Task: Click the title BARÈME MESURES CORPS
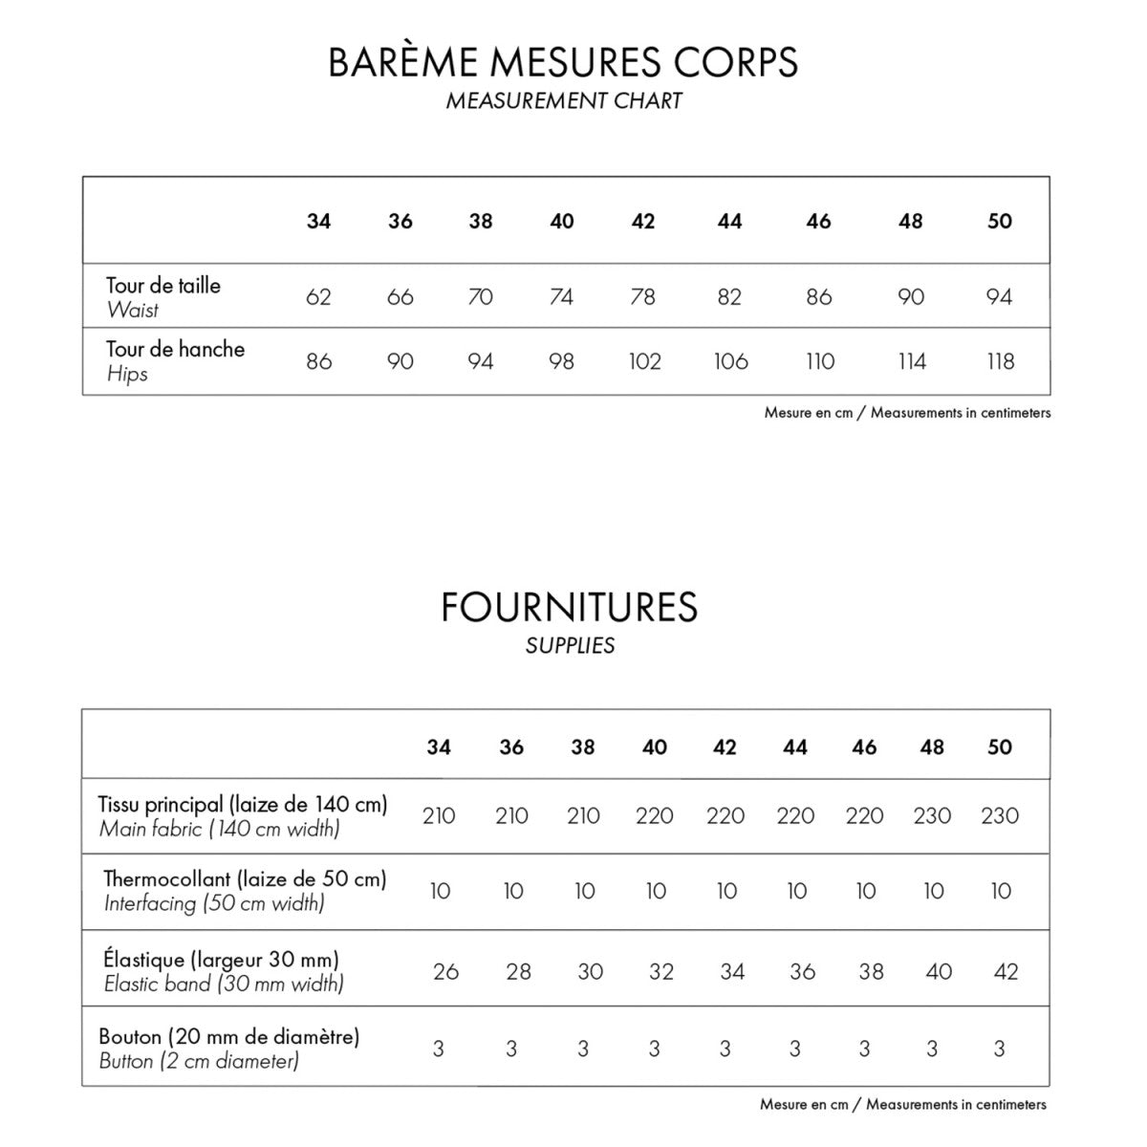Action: click(x=563, y=62)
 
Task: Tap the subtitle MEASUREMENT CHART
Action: click(x=564, y=101)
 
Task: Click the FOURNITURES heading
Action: click(x=570, y=608)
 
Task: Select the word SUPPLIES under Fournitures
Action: click(x=570, y=646)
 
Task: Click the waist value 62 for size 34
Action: click(x=318, y=297)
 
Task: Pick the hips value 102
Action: click(x=644, y=361)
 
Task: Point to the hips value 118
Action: click(x=1000, y=361)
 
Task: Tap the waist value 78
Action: click(x=643, y=297)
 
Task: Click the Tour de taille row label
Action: click(x=163, y=286)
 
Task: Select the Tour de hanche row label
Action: click(x=175, y=350)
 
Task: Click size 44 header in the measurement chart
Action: click(x=729, y=222)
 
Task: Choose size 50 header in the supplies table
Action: click(x=1000, y=747)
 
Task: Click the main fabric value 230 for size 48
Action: click(x=932, y=816)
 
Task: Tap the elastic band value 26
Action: click(x=445, y=972)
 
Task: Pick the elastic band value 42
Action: click(x=1006, y=972)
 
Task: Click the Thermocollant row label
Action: click(x=245, y=879)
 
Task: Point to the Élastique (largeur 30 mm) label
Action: click(x=221, y=960)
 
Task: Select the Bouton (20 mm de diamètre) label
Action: click(x=229, y=1036)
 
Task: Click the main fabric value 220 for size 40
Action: click(x=655, y=816)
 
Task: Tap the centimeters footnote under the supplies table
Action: click(x=903, y=1105)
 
